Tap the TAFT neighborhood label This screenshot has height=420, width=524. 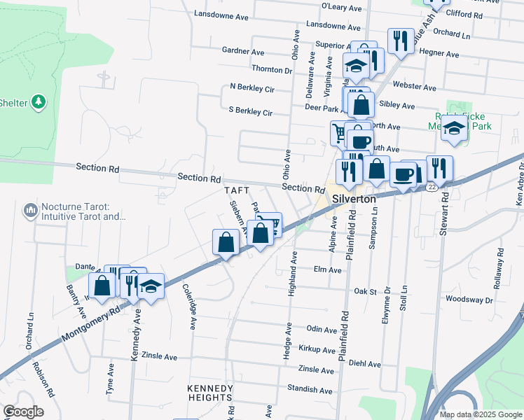236,190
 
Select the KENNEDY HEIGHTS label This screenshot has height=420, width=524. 209,393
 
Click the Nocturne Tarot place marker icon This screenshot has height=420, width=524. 30,210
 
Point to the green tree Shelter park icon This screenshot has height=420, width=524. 38,102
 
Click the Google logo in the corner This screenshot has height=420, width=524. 23,412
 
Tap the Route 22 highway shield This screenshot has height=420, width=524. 434,185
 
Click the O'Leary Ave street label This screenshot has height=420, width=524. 340,6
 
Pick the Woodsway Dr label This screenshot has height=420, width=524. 469,299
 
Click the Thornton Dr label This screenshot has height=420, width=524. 272,70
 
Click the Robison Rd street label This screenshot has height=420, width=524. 45,382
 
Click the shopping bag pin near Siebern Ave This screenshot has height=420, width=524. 226,243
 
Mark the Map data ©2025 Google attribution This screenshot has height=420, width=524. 480,414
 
